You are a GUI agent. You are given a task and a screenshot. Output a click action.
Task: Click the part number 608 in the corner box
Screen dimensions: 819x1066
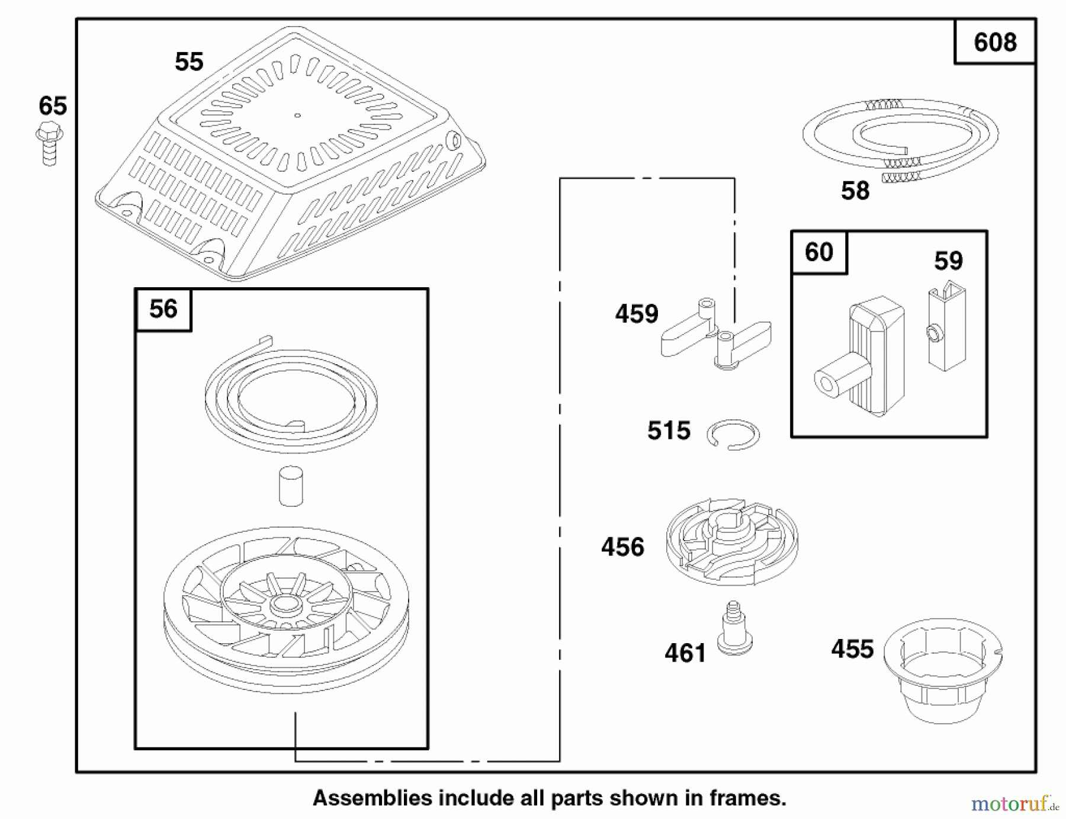pos(995,43)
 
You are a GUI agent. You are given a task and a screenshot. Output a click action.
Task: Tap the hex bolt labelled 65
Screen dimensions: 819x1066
pos(49,143)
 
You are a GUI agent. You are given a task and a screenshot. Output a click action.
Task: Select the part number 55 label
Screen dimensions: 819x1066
pos(189,62)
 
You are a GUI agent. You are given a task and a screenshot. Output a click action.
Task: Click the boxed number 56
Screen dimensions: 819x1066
pos(163,309)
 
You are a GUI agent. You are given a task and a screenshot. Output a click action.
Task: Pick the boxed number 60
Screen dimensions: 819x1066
pos(819,253)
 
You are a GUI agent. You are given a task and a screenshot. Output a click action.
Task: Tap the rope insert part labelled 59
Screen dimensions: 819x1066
pos(946,328)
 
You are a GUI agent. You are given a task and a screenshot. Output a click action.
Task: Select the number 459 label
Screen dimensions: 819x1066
pos(637,314)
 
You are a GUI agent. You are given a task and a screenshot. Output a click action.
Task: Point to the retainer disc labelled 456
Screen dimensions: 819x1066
pos(732,541)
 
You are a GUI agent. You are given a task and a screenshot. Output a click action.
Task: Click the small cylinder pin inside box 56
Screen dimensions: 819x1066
pos(291,486)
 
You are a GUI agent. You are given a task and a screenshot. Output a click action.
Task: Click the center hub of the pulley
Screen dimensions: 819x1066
pos(286,605)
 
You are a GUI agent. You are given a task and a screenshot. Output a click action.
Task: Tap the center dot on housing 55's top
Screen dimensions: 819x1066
pos(297,115)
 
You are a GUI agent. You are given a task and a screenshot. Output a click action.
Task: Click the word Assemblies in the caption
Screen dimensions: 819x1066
pos(373,798)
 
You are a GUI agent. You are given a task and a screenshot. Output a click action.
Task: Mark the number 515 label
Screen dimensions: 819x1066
pos(669,431)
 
